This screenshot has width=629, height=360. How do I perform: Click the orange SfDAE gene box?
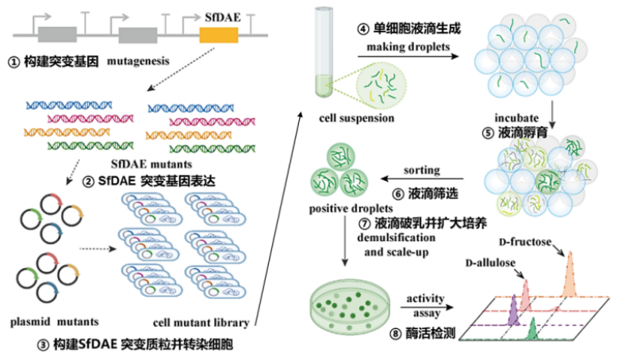coord(219,34)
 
